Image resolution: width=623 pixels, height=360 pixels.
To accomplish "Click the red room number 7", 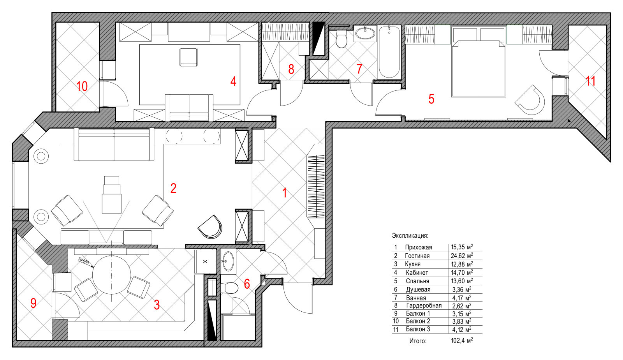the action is tap(359, 69).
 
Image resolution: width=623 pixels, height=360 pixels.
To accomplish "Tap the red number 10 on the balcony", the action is tap(82, 86).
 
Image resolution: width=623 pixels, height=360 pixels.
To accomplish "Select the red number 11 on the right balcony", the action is tap(590, 81).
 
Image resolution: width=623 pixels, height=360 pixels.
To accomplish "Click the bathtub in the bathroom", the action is tap(389, 52).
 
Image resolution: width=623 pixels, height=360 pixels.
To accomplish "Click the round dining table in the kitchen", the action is tap(111, 275).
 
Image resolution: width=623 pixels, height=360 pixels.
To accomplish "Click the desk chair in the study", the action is tap(188, 57).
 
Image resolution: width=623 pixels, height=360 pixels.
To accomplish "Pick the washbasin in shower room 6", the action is tap(228, 261).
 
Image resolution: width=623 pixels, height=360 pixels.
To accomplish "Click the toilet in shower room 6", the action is tap(229, 288).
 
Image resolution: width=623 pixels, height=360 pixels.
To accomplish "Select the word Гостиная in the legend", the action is tap(417, 256).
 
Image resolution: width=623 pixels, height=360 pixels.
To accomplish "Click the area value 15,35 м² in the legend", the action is tap(462, 247).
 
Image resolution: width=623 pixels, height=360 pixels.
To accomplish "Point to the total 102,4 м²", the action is tap(462, 341).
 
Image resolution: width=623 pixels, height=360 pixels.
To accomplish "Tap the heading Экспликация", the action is tap(410, 236).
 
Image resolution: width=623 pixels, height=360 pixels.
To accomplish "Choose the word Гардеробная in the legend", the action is tap(424, 305).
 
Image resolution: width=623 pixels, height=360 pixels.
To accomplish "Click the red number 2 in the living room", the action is tap(173, 188).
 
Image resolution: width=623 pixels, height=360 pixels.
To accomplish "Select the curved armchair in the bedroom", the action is tap(530, 99).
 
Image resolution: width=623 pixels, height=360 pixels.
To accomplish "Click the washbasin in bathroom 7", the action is tap(365, 34).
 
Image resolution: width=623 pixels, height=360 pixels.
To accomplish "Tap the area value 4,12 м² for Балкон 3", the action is tap(462, 330).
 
